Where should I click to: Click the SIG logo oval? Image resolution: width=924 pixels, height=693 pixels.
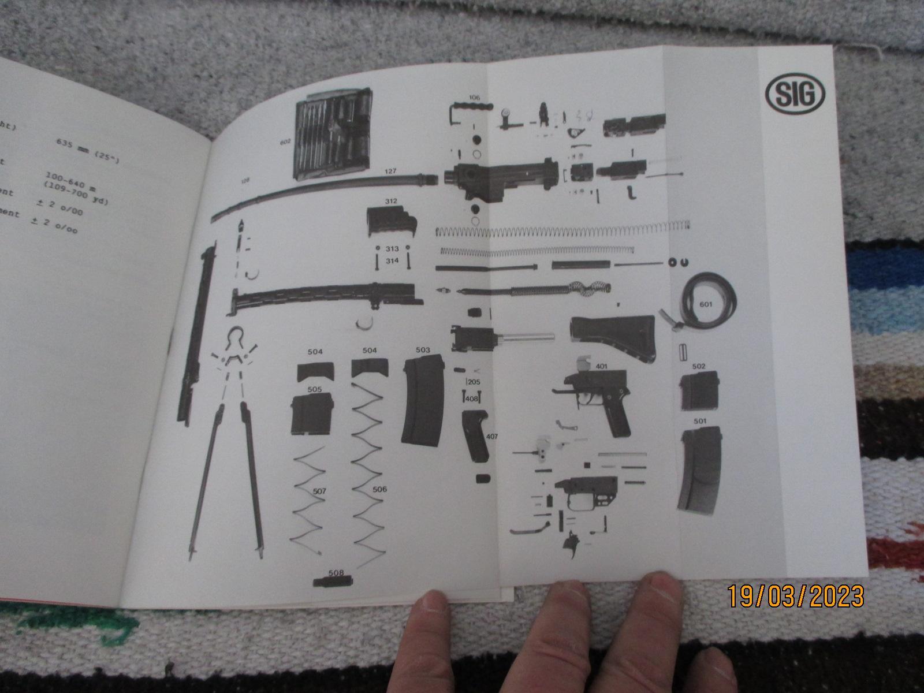coord(795,94)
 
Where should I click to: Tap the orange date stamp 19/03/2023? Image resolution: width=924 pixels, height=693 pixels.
coord(795,596)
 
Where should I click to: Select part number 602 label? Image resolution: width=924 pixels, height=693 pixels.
coord(286,141)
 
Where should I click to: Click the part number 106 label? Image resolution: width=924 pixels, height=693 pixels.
coord(474,98)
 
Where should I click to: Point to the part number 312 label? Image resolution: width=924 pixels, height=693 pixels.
coord(391,202)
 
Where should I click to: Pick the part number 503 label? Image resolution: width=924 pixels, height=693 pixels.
coord(423,350)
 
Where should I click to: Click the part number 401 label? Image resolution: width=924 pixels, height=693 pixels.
coord(601,366)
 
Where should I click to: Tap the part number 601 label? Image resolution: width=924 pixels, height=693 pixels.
coord(706,304)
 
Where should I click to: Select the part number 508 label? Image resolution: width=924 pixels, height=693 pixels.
coord(336,573)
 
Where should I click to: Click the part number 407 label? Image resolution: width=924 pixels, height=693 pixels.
coord(492,437)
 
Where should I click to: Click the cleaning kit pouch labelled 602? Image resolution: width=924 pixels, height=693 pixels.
coord(333,139)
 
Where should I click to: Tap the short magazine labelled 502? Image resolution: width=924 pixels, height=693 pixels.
coord(698,391)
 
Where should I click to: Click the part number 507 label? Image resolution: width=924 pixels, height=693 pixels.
coord(320,491)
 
